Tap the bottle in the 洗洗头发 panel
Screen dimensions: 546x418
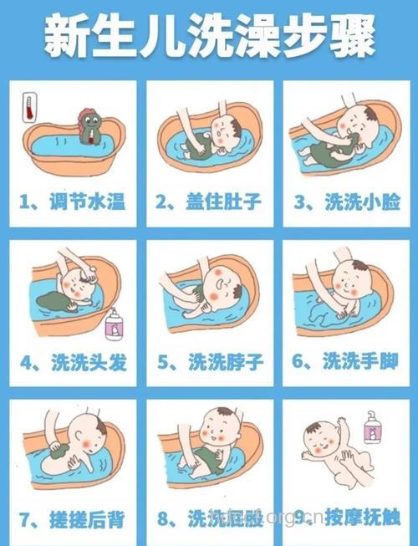click(114, 325)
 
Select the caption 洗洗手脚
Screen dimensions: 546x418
click(348, 362)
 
